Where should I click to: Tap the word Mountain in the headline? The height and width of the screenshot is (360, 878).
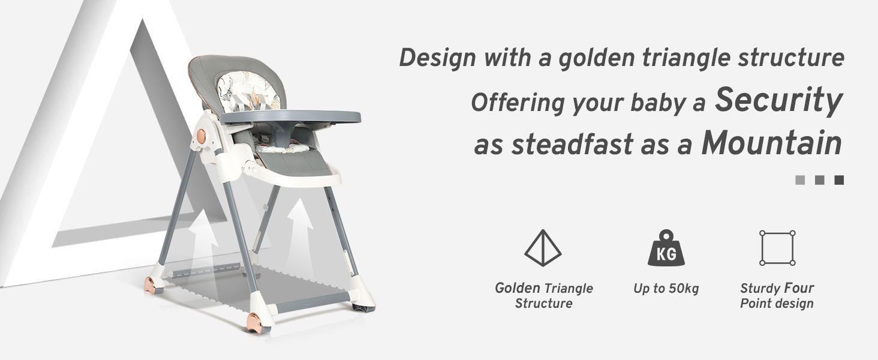(x=771, y=143)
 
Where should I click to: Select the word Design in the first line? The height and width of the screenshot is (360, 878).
(x=437, y=58)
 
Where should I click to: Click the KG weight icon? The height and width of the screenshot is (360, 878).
(x=666, y=248)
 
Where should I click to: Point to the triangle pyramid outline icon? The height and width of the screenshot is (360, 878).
(x=543, y=248)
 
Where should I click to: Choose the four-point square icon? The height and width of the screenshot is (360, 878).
(x=777, y=248)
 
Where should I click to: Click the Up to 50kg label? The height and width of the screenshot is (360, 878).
(x=666, y=289)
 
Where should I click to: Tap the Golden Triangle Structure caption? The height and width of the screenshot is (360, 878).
(x=544, y=296)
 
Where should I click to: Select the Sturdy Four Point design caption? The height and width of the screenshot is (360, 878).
(x=777, y=296)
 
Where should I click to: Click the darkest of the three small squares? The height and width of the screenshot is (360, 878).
(x=839, y=180)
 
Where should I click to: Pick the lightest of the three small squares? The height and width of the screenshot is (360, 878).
(x=800, y=180)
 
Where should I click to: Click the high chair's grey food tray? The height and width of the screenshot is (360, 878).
(x=290, y=117)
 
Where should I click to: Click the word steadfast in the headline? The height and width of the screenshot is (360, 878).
(x=573, y=145)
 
